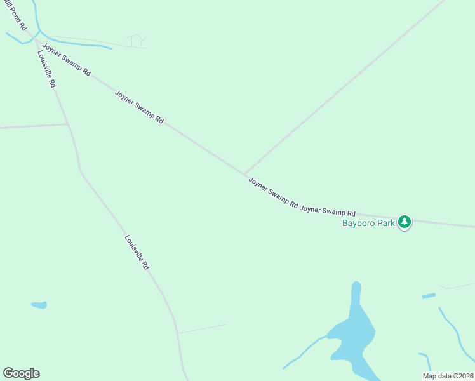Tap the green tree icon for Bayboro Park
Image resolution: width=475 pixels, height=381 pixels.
(x=404, y=222)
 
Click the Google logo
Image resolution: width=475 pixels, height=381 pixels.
(x=21, y=373)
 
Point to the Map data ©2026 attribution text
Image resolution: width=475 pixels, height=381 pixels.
(x=448, y=376)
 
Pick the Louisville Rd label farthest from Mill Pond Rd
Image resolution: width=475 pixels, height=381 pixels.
(x=137, y=253)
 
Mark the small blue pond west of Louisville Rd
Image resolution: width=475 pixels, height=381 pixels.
(x=39, y=305)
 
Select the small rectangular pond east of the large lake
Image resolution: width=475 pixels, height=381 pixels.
(x=429, y=296)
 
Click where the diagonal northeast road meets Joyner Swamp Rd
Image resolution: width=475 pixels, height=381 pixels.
(x=245, y=173)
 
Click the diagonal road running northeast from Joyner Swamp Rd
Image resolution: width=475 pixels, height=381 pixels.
(x=343, y=89)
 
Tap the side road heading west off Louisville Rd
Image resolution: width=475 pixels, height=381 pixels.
(x=32, y=126)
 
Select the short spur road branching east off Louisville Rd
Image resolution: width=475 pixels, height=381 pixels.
(x=201, y=329)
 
